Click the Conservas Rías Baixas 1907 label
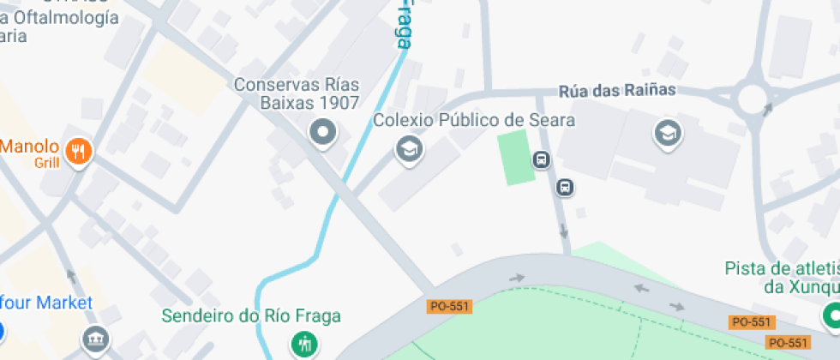[x=297, y=94]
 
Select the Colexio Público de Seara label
[x=474, y=120]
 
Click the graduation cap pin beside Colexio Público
[x=409, y=150]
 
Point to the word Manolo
[x=29, y=146]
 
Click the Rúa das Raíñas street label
[x=617, y=90]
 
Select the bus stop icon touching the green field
[x=541, y=159]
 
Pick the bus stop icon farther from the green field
[x=565, y=187]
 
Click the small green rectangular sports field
[x=517, y=157]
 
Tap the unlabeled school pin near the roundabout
[x=666, y=133]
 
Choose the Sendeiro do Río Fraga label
[x=251, y=316]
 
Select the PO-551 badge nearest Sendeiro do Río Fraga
[x=449, y=305]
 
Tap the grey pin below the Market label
[x=95, y=339]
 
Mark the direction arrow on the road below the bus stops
[x=563, y=230]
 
